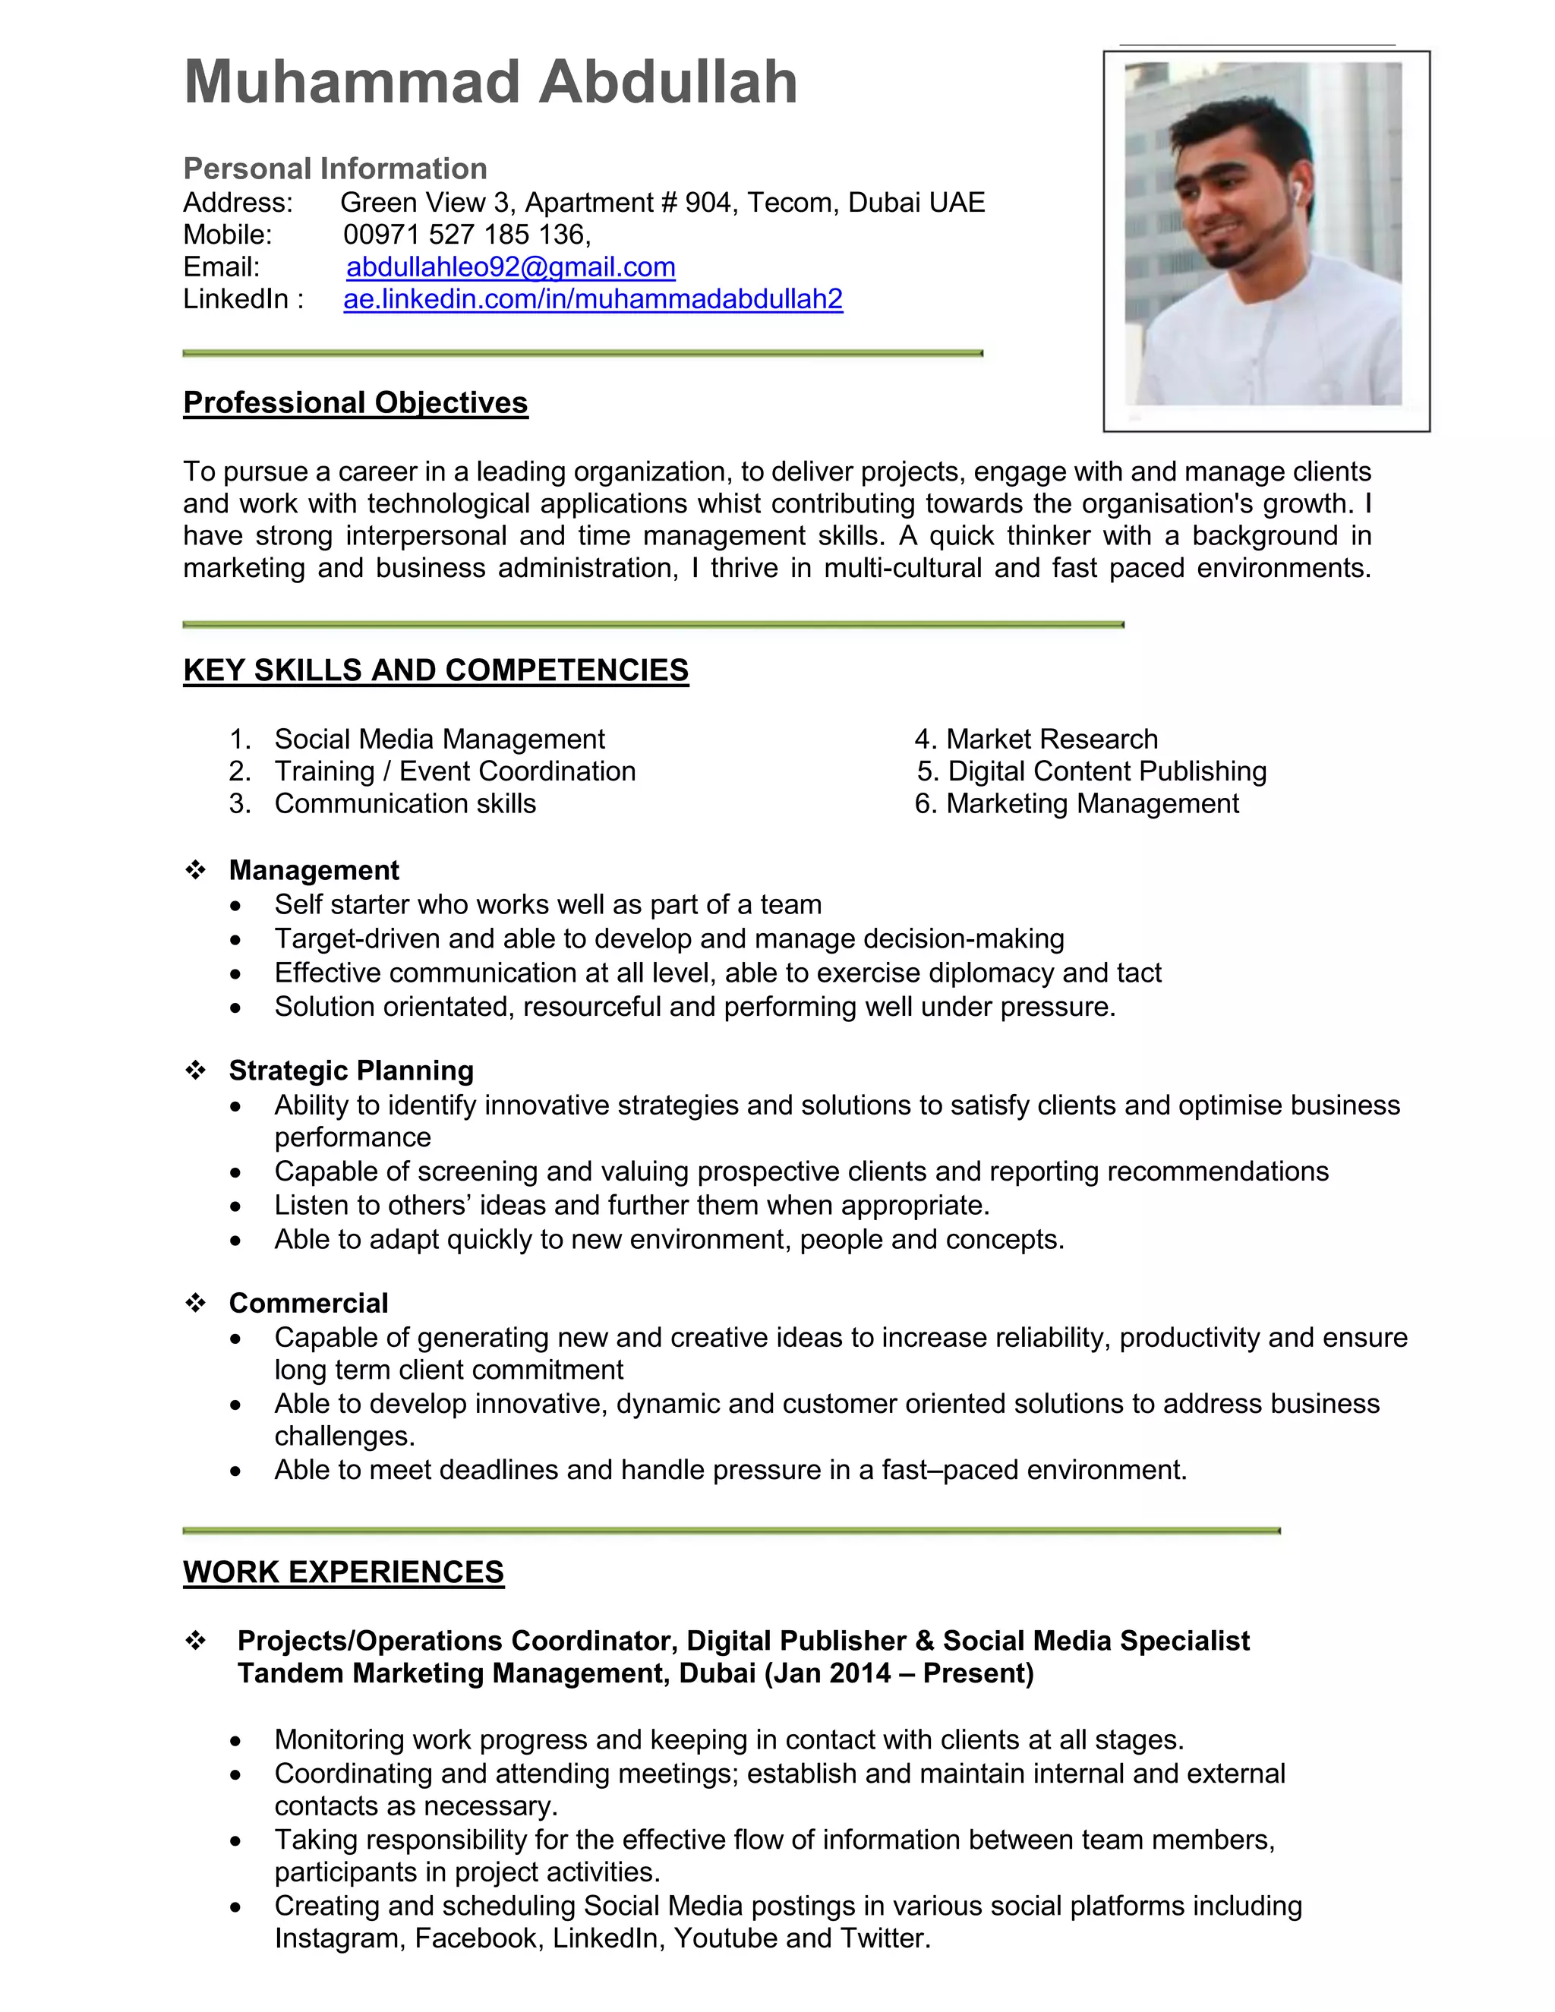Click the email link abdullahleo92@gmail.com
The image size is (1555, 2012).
pos(510,267)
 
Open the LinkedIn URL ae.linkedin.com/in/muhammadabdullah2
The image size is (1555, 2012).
pos(592,299)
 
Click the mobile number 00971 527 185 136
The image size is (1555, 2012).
pos(465,235)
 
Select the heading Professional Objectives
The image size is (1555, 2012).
pos(355,402)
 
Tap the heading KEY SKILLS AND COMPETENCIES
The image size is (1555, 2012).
pos(436,670)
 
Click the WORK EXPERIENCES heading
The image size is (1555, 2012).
pos(344,1572)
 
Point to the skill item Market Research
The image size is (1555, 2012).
pos(1051,739)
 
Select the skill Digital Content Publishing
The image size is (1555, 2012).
pos(1106,771)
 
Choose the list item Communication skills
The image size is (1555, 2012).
pos(405,803)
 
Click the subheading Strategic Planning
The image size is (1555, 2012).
pos(351,1071)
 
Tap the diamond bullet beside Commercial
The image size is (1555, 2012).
pos(195,1303)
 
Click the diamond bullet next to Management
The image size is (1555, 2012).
pos(195,869)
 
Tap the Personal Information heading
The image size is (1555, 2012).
pos(336,169)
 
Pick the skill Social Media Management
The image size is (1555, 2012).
pos(440,739)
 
